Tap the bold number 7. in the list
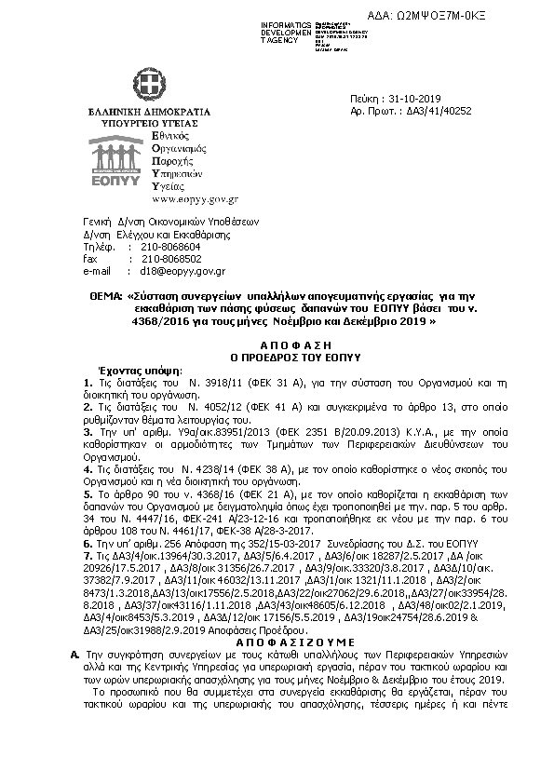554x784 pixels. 88,553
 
